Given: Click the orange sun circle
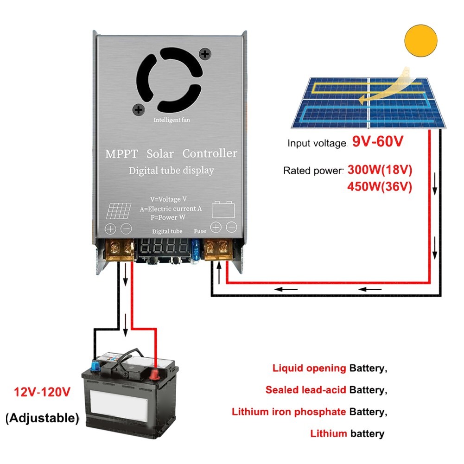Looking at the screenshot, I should click(421, 41).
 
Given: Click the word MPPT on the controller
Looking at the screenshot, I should click(121, 154).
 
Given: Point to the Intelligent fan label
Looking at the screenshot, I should click(172, 120).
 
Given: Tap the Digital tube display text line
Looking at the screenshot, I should click(172, 171).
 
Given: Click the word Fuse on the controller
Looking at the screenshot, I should click(200, 231).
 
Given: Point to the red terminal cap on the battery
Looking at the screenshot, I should click(154, 373).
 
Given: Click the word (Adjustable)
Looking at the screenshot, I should click(42, 418).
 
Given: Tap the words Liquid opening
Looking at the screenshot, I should click(309, 369).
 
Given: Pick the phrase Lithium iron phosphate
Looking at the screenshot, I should click(289, 412).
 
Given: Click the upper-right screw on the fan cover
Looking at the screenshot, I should click(204, 54).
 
